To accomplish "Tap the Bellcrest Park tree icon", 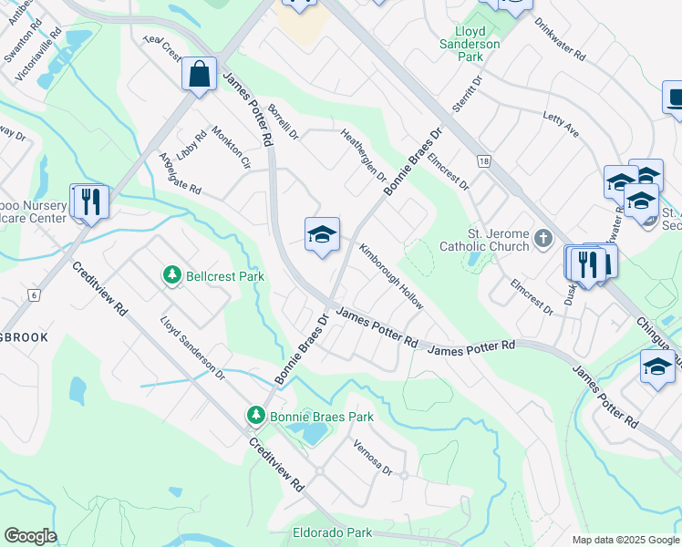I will pyautogui.click(x=170, y=274).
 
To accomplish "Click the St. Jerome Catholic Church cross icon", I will pyautogui.click(x=543, y=238).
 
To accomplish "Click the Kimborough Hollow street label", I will pyautogui.click(x=390, y=276).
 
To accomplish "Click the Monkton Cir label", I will pyautogui.click(x=231, y=148).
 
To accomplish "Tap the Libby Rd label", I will pyautogui.click(x=193, y=145).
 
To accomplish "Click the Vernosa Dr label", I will pyautogui.click(x=374, y=459).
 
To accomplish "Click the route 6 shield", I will pyautogui.click(x=35, y=295).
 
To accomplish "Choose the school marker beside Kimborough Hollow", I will pyautogui.click(x=321, y=236).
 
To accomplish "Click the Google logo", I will pyautogui.click(x=31, y=536).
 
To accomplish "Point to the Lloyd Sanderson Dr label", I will pyautogui.click(x=191, y=347).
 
